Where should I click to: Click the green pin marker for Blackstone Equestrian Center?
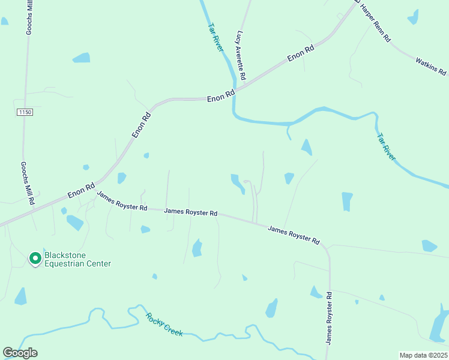point(35,258)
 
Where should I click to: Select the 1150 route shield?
point(25,112)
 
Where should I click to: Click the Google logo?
point(20,353)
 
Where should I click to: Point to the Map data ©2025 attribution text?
point(423,355)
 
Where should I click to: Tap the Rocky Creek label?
point(164,324)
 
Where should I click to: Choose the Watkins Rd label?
point(431,66)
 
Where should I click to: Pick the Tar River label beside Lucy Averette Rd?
point(214,37)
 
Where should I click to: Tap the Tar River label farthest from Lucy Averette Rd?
point(386,146)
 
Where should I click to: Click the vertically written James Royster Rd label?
point(328,318)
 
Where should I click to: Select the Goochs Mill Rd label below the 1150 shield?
point(27,184)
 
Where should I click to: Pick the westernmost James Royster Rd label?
point(122,201)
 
